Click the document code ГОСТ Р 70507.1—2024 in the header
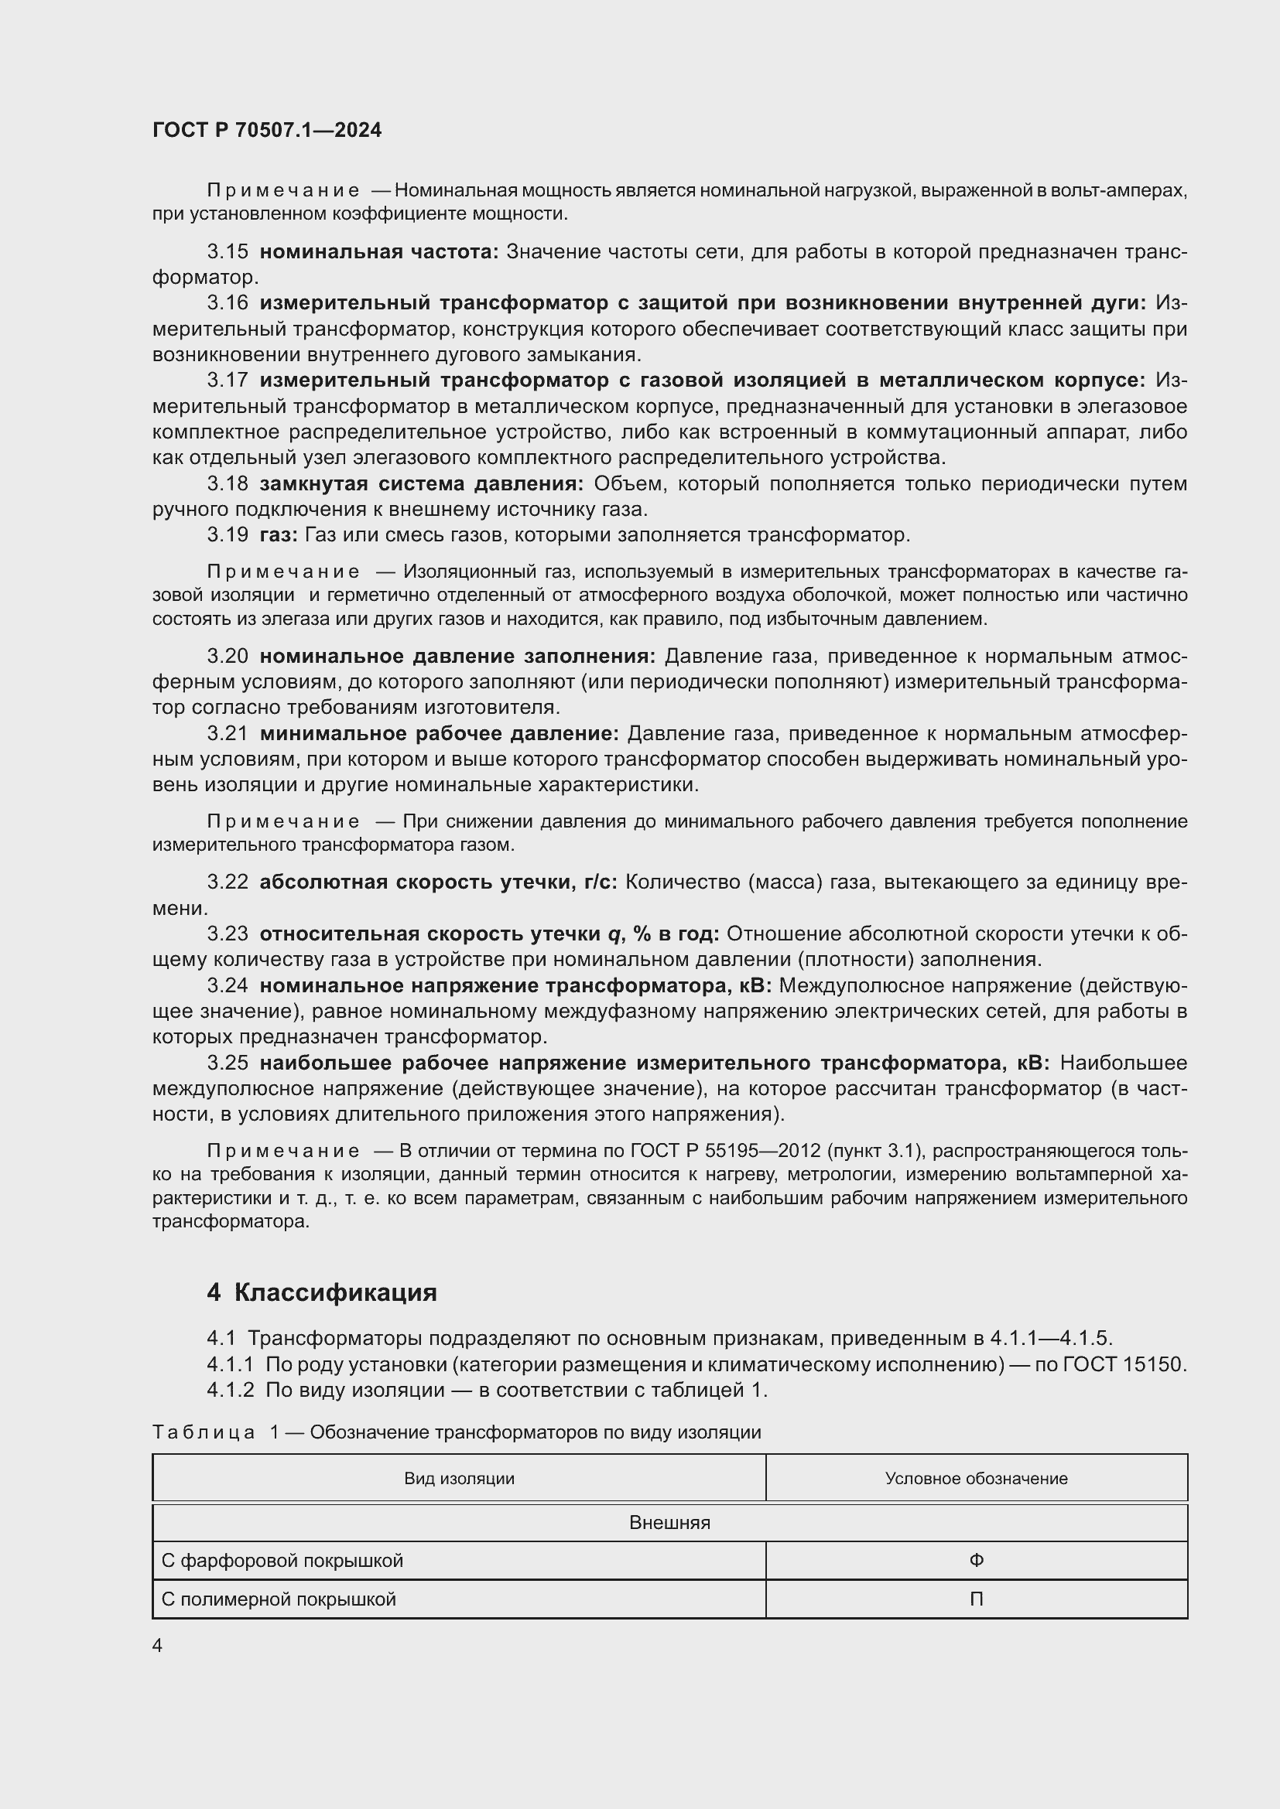pos(266,130)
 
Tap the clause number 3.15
pos(227,252)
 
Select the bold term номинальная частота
pos(378,252)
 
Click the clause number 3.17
pos(227,381)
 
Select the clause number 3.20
pos(227,657)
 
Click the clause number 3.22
pos(227,882)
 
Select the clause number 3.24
pos(227,985)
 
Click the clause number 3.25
pos(227,1063)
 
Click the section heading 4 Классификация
pos(322,1293)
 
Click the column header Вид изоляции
pos(459,1479)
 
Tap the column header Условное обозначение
pos(976,1479)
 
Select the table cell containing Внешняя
pos(669,1523)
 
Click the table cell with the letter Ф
pos(976,1561)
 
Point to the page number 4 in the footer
pos(158,1646)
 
